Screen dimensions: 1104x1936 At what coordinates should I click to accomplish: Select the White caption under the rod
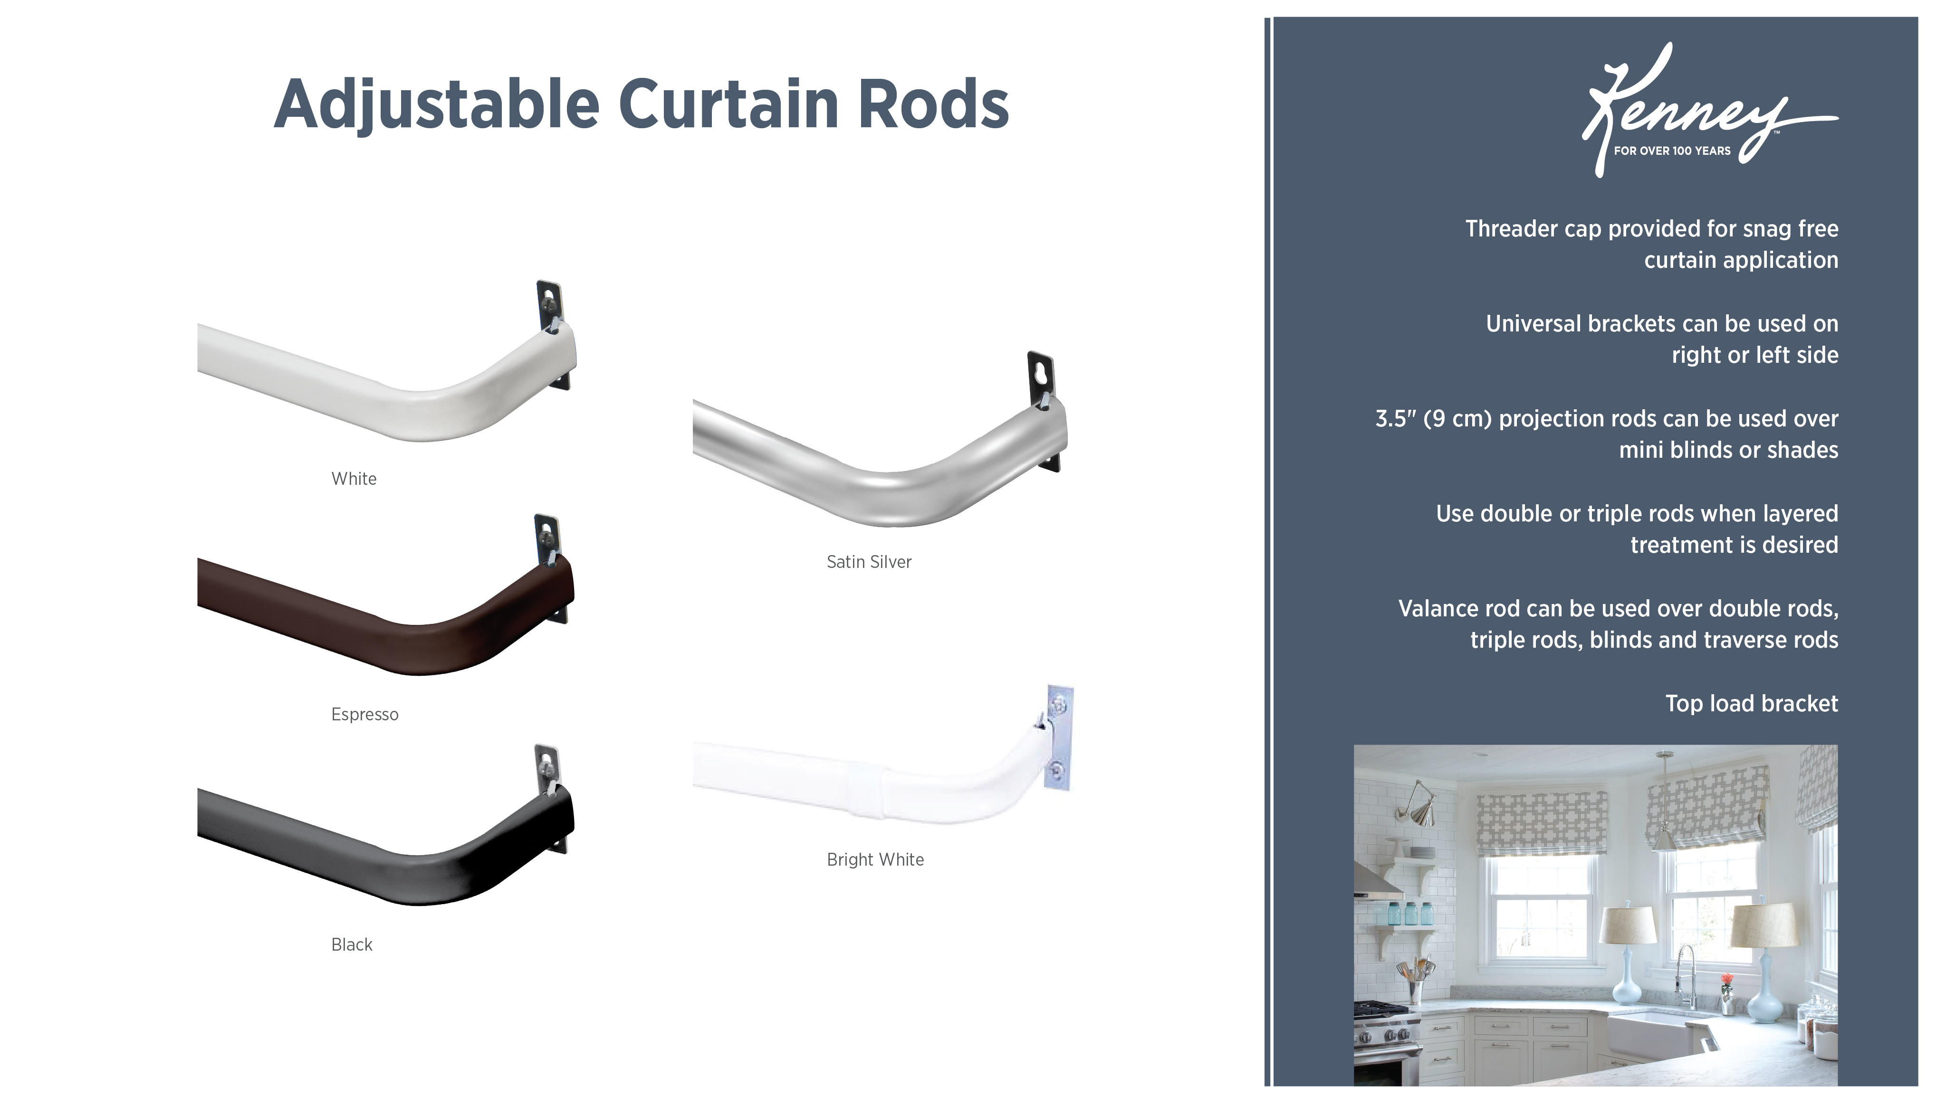(x=354, y=479)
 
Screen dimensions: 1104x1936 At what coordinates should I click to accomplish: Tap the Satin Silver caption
(x=869, y=562)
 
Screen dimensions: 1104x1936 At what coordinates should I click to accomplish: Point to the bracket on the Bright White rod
(x=1059, y=736)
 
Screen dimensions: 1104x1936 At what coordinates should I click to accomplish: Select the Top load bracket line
(x=1751, y=704)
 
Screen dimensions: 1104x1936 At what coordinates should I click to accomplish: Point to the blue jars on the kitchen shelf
(x=1403, y=914)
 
